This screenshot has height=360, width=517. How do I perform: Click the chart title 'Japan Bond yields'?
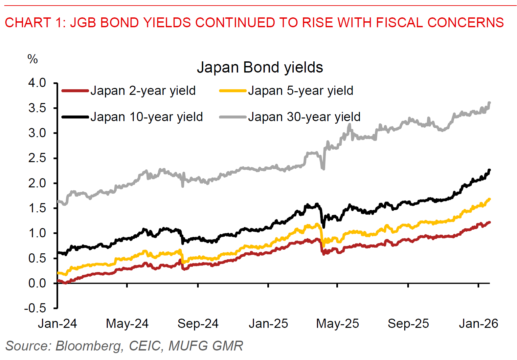tap(260, 68)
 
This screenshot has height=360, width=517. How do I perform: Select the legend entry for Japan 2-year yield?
tap(143, 91)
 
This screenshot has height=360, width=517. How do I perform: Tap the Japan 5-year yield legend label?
tap(301, 91)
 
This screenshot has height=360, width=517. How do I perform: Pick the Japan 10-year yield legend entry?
tap(146, 117)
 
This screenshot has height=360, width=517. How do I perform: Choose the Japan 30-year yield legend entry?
tap(304, 117)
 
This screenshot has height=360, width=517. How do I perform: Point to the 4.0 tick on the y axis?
tap(37, 83)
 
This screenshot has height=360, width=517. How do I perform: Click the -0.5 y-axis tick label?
tap(35, 308)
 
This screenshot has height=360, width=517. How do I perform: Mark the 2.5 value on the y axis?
tap(37, 158)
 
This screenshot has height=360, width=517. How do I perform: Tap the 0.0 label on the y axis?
tap(37, 283)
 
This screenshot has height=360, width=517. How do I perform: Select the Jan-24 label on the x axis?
tap(57, 324)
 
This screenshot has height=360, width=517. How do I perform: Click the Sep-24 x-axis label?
tap(198, 324)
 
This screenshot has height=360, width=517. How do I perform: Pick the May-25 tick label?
tap(338, 324)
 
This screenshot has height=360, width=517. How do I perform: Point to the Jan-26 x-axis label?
tap(479, 324)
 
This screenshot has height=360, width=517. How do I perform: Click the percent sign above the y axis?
tap(33, 59)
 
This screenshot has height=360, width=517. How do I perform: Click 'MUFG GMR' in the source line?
tap(206, 346)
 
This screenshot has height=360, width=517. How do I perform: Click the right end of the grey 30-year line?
tap(490, 103)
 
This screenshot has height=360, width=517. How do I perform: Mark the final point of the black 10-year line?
tap(490, 170)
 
